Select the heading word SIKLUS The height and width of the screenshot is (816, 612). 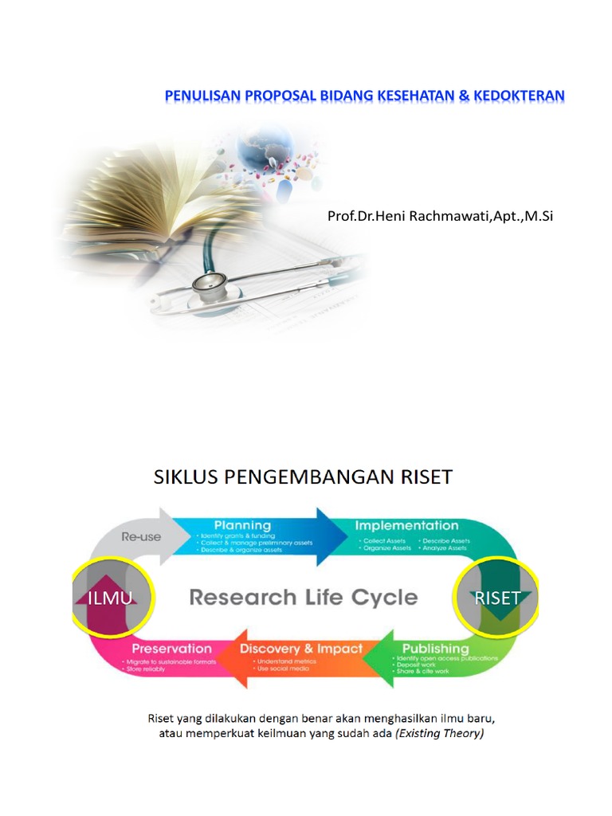188,477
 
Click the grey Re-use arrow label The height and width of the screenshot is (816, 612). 141,536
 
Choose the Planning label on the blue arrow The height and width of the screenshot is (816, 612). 242,526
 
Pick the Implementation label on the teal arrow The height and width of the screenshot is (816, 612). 406,526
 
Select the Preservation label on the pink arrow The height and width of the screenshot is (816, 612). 171,649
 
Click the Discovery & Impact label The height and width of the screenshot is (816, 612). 300,649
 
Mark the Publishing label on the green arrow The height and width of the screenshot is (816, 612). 435,649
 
